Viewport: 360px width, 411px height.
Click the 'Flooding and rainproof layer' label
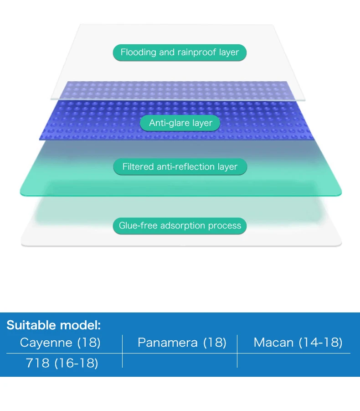pos(180,52)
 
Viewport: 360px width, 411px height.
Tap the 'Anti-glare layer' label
pos(180,123)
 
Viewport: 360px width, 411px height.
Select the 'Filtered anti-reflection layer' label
pos(180,166)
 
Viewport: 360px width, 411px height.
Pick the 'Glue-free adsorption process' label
pos(180,226)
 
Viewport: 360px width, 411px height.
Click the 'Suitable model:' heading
pos(54,325)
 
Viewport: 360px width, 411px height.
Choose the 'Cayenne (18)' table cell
pos(60,343)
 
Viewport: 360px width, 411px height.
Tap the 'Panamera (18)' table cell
pos(182,343)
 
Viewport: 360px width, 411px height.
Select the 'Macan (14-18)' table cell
pos(298,343)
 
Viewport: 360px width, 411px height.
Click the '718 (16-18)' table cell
pos(62,363)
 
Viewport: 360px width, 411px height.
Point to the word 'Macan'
pos(273,343)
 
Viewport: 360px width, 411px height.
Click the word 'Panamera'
pos(168,343)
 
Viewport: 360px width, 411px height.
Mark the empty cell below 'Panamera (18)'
pos(180,361)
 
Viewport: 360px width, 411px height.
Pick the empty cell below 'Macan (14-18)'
pos(294,361)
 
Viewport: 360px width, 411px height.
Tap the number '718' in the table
pos(38,363)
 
